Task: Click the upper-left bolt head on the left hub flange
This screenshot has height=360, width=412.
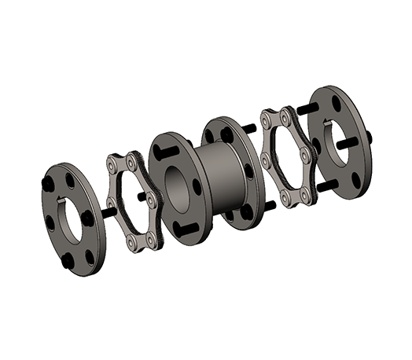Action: click(x=49, y=183)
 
